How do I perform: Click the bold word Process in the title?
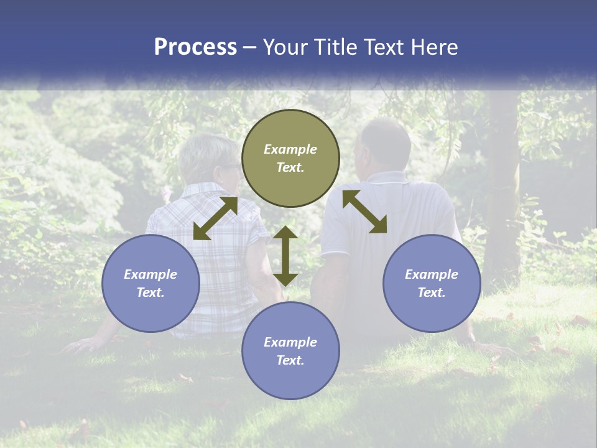click(195, 47)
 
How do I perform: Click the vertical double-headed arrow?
click(285, 256)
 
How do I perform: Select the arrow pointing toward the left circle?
click(215, 218)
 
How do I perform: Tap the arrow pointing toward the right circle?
click(364, 212)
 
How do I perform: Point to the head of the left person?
click(205, 159)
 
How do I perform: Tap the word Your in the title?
click(287, 47)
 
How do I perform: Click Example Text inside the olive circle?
click(290, 158)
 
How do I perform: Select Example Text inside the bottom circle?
click(290, 351)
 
